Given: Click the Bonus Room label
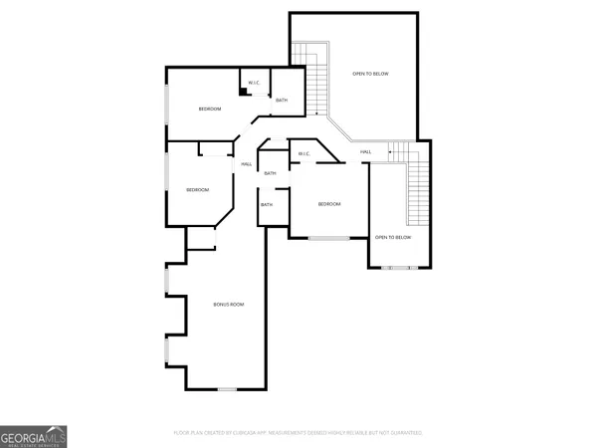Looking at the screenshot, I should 229,304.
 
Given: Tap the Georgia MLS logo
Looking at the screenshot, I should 34,436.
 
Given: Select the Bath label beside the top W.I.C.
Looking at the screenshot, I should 282,101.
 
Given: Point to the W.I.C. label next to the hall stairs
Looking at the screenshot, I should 304,153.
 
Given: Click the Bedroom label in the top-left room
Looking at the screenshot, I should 209,109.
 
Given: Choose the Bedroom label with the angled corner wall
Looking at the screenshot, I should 198,189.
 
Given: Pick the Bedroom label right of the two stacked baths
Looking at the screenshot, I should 329,204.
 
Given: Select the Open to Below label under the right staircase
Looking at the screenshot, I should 392,237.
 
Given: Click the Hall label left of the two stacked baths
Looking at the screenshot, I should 246,164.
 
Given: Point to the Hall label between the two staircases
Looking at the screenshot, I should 366,151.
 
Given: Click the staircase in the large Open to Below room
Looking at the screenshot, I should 317,80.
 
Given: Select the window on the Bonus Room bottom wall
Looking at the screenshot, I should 227,387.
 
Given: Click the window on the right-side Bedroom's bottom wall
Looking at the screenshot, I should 328,238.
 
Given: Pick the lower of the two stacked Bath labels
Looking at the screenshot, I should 266,205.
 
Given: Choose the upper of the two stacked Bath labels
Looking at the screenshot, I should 270,173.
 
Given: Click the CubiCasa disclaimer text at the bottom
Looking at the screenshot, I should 298,433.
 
